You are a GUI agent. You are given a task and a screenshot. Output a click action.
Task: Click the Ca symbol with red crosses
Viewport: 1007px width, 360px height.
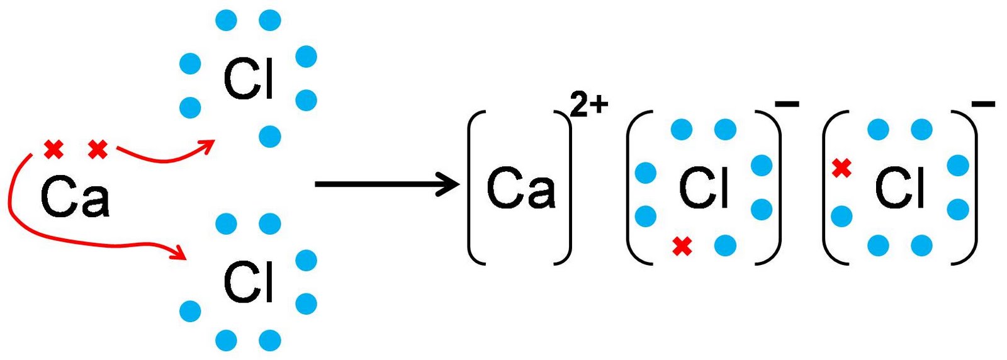tap(74, 197)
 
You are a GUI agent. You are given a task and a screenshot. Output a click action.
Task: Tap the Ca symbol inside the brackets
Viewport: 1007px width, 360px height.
tap(520, 188)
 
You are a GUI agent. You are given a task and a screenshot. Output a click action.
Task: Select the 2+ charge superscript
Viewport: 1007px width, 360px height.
tap(589, 104)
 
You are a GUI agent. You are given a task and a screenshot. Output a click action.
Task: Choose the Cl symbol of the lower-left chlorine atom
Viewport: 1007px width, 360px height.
tap(249, 283)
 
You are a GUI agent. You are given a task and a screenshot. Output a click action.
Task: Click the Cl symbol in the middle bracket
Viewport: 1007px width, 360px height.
tap(704, 188)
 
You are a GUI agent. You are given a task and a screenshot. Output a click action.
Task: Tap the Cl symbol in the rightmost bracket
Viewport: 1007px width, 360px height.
tap(900, 188)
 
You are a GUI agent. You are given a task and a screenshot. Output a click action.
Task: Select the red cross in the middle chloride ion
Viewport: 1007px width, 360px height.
tap(682, 246)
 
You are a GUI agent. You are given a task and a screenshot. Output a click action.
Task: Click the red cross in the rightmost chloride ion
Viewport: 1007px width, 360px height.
tap(841, 168)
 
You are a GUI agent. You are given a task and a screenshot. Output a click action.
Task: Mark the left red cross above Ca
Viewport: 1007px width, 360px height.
tap(54, 150)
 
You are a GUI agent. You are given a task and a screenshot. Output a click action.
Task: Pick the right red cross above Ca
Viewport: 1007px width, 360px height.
tap(98, 150)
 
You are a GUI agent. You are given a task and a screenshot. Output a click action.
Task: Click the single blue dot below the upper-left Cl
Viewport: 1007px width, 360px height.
tap(270, 136)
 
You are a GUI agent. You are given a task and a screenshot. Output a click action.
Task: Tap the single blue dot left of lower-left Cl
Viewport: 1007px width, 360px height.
tap(190, 311)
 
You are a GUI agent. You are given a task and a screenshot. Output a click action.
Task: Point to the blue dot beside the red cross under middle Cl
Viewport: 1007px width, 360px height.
tap(725, 245)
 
